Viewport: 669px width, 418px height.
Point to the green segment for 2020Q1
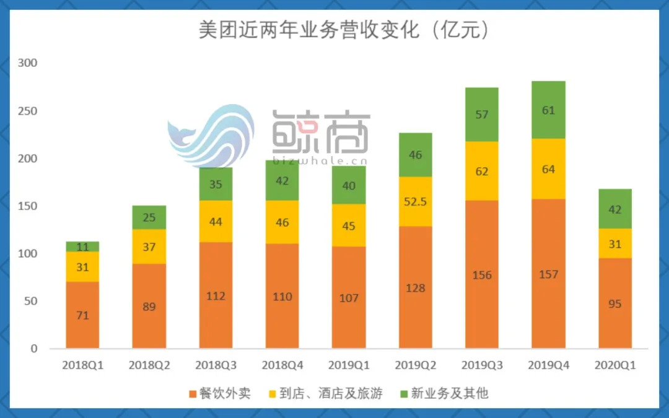615,209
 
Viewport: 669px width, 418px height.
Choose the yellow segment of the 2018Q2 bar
149,246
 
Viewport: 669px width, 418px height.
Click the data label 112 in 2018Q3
216,296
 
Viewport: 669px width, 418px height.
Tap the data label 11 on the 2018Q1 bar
82,247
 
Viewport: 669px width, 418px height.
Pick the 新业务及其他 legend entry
444,393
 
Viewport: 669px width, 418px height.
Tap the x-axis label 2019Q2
415,365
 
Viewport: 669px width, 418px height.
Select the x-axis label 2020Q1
615,365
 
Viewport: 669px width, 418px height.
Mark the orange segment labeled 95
615,304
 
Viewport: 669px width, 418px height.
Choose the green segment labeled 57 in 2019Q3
482,115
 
